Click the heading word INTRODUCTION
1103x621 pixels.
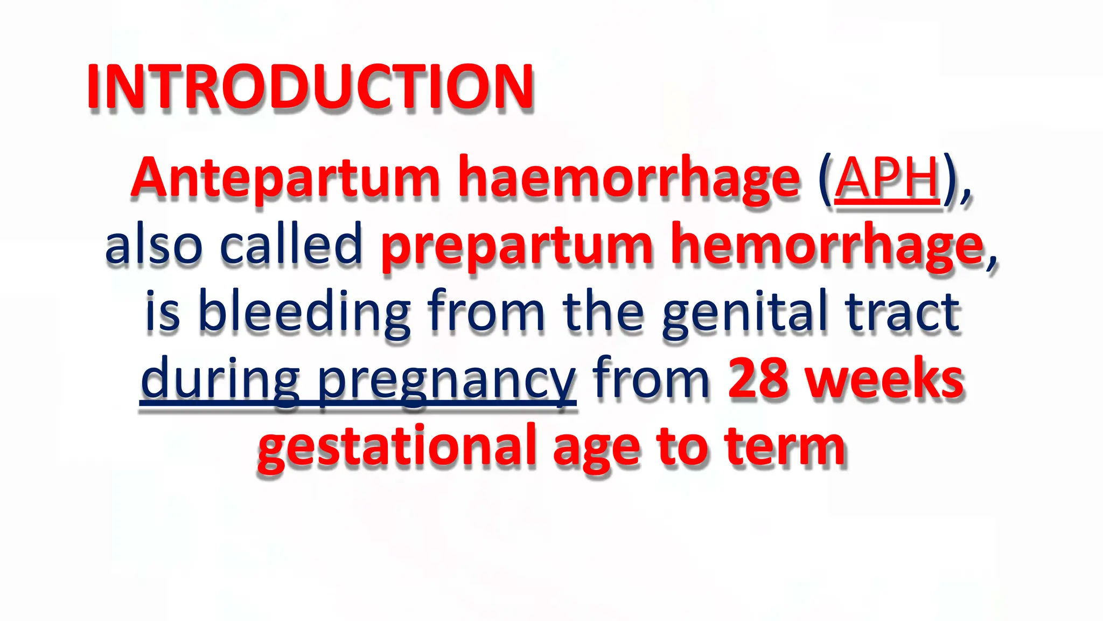click(x=310, y=87)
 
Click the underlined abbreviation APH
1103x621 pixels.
click(x=887, y=178)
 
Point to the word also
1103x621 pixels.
click(x=153, y=245)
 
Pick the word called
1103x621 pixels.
click(x=291, y=245)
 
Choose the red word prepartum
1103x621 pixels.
click(x=517, y=247)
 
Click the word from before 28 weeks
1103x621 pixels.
click(x=651, y=379)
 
